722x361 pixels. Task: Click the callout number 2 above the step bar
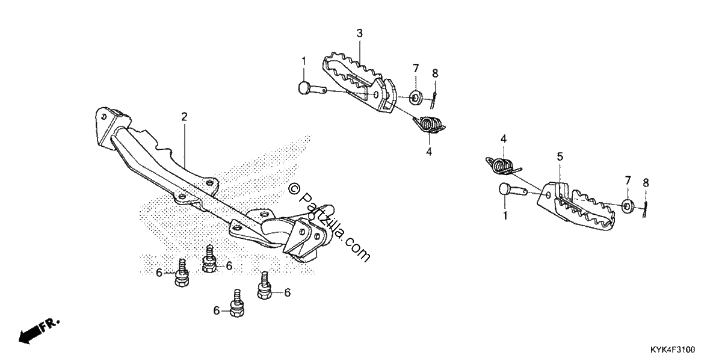click(184, 117)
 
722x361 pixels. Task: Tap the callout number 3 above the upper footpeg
click(359, 33)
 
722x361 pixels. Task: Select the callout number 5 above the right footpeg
click(560, 157)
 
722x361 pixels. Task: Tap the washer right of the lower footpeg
click(627, 206)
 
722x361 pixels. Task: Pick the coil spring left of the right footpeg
click(503, 165)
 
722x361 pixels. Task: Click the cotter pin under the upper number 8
click(434, 100)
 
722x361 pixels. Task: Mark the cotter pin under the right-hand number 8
click(645, 209)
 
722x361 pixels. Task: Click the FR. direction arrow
click(39, 332)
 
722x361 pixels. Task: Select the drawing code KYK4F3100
click(673, 350)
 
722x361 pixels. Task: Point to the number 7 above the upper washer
click(416, 69)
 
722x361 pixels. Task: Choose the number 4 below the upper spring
click(428, 152)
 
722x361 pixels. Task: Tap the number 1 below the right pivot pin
click(505, 215)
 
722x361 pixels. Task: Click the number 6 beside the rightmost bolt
click(287, 292)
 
